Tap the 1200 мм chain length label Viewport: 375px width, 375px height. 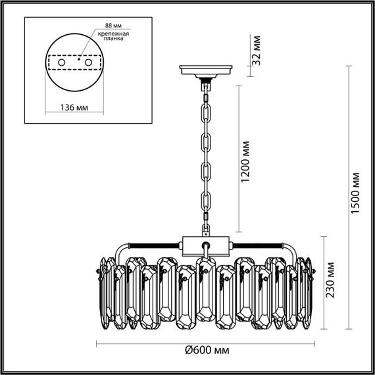click(247, 162)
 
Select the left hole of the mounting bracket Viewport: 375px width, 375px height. click(63, 61)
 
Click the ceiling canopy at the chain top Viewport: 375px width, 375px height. click(207, 70)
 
